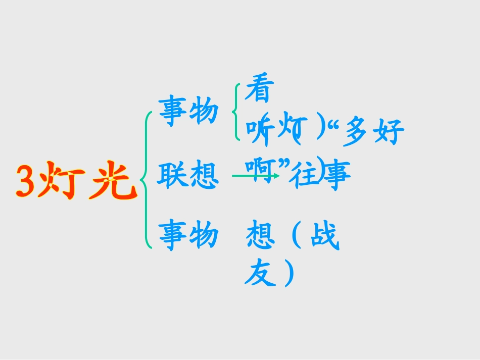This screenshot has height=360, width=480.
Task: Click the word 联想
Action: point(187,175)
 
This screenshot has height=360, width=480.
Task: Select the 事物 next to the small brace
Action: point(188,111)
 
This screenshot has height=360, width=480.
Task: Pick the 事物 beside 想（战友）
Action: point(188,236)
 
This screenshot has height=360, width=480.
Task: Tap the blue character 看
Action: point(258,91)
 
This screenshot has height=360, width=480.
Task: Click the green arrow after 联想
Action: point(255,176)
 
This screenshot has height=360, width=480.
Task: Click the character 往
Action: point(307,174)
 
